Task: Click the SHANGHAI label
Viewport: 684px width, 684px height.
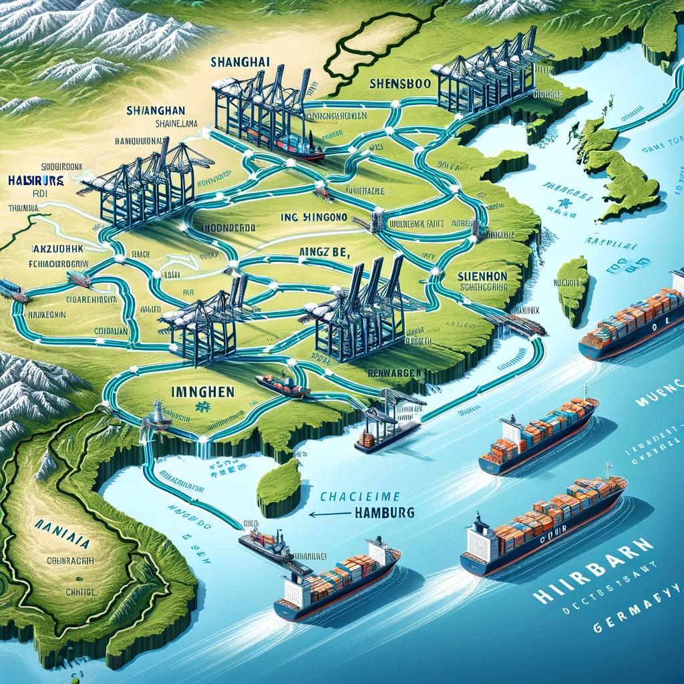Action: (240, 61)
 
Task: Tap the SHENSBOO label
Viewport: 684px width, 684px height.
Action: (400, 85)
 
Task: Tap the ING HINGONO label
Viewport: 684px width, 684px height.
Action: (313, 216)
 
